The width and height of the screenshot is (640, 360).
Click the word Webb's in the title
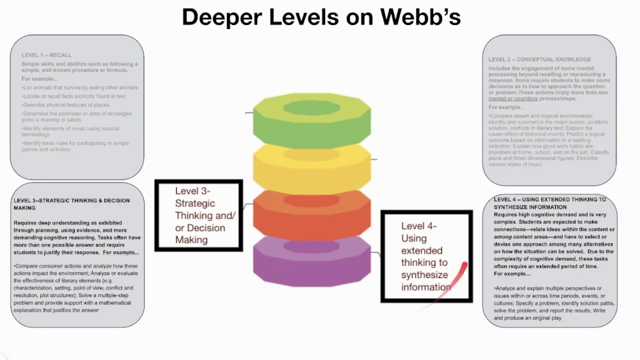[420, 17]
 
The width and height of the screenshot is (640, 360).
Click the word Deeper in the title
[221, 17]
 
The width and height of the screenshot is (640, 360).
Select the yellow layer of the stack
[311, 170]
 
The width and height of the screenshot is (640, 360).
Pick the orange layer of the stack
[311, 217]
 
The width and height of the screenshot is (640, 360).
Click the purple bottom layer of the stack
[311, 265]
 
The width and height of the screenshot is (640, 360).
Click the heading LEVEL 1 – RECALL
[46, 55]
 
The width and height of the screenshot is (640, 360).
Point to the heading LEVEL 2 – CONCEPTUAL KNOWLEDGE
[539, 59]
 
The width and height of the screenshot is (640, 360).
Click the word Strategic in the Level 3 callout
[195, 203]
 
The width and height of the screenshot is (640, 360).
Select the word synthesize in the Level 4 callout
[424, 275]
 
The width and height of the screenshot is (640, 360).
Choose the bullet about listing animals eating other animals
[80, 87]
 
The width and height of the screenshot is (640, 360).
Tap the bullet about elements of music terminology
[70, 131]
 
